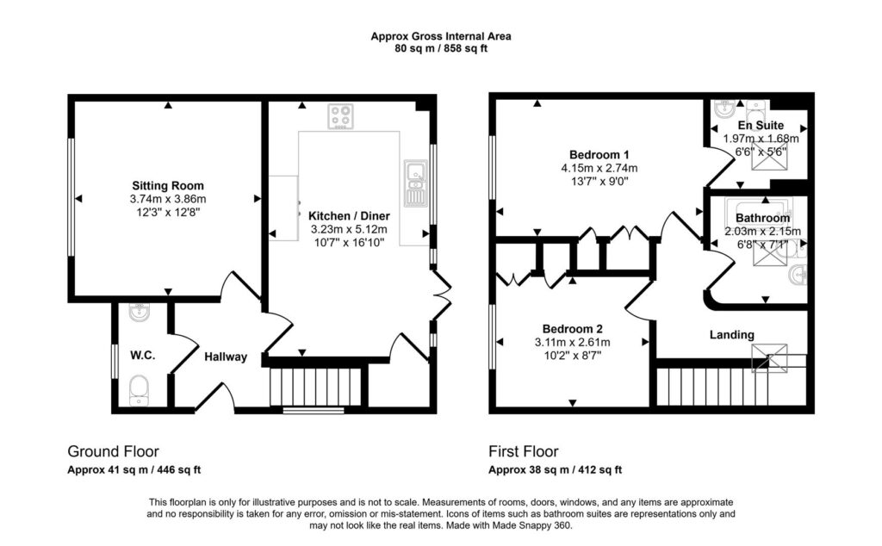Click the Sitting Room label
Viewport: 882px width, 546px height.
[x=168, y=185]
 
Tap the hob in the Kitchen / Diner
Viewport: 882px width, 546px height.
[x=341, y=116]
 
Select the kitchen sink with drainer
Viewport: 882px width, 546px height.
[x=415, y=183]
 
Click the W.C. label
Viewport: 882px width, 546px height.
[x=142, y=356]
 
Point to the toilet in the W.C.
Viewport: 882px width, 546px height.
[x=139, y=390]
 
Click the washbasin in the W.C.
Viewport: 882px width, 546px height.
[x=139, y=312]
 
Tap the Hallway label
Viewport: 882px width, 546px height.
[x=226, y=357]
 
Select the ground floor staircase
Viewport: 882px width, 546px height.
[x=315, y=387]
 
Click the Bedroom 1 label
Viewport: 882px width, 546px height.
[x=599, y=155]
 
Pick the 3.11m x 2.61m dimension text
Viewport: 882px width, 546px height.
[x=572, y=343]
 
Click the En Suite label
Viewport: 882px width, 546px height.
[x=761, y=126]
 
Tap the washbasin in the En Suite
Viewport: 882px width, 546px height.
[x=724, y=109]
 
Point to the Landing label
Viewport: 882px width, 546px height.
[x=731, y=335]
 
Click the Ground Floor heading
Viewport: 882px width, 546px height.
[x=113, y=451]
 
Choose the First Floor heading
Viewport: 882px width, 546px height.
[x=523, y=451]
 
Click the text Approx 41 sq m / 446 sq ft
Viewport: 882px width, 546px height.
[x=134, y=470]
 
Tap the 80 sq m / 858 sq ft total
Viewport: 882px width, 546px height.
[x=441, y=48]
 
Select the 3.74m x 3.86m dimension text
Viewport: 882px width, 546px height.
[x=168, y=199]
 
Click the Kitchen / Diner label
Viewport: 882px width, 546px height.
[x=349, y=216]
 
